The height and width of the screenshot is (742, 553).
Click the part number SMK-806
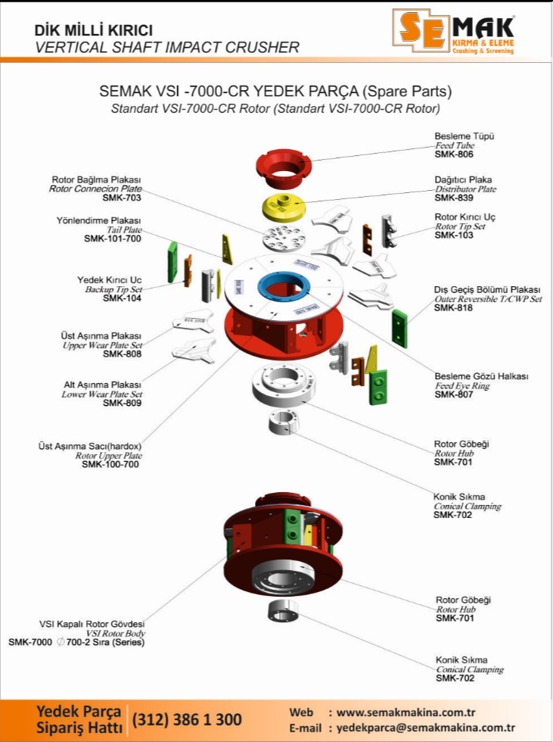(x=454, y=154)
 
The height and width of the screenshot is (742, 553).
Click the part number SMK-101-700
(x=113, y=238)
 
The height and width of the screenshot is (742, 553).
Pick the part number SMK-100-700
(x=110, y=464)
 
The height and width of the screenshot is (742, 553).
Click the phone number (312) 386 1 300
(x=187, y=719)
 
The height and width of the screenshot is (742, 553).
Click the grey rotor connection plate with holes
(x=282, y=240)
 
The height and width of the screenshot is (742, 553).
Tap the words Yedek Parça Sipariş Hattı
(x=78, y=719)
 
